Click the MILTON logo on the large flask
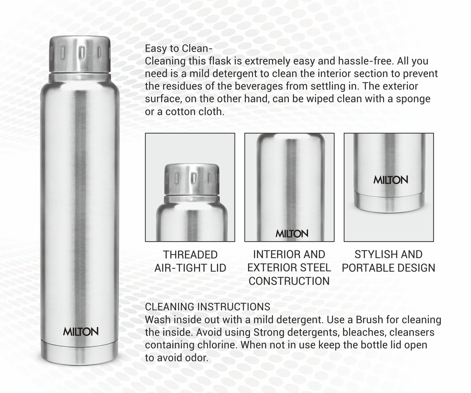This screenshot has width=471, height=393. click(x=81, y=331)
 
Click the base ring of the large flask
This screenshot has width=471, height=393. click(x=80, y=349)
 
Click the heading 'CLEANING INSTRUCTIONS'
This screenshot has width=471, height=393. click(x=208, y=307)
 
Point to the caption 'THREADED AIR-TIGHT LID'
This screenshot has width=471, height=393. click(x=190, y=261)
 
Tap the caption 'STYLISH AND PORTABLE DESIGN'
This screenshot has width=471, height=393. click(x=388, y=261)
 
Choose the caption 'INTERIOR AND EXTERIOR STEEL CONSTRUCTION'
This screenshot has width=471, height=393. click(x=289, y=268)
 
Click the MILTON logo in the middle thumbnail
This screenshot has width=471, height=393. click(x=292, y=234)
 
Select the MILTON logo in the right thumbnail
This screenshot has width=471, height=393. click(x=391, y=180)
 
